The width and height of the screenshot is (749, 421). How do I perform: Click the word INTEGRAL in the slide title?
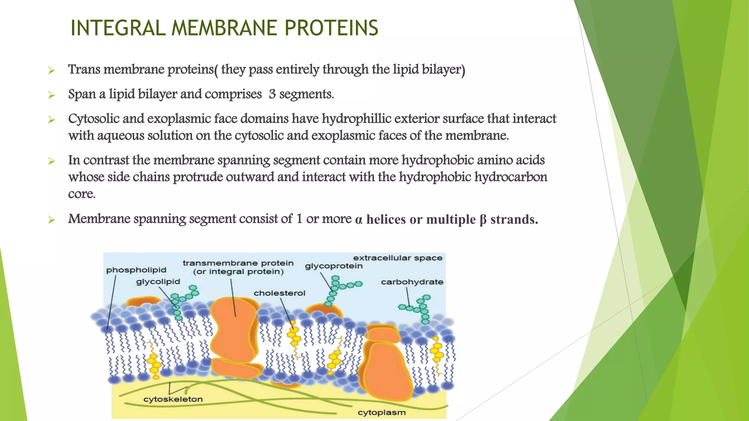118,28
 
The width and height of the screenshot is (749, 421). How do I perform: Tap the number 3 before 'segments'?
272,94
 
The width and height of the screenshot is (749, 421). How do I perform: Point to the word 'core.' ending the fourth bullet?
82,194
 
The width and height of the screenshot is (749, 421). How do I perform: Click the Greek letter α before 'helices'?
359,220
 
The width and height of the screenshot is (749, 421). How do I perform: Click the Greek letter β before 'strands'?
483,220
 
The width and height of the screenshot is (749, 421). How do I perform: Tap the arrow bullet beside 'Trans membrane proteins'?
52,70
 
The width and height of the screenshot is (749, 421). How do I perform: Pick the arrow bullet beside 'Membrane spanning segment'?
52,220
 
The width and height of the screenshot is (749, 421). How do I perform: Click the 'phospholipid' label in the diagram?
136,270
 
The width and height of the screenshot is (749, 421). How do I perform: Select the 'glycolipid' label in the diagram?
158,282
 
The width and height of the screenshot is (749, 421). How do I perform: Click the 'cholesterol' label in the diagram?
279,293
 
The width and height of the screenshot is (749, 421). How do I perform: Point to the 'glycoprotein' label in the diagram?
334,266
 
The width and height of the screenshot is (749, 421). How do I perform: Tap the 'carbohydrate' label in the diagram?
412,282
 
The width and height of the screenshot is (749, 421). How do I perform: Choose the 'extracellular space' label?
398,258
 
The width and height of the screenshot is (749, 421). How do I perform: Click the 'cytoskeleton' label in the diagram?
173,399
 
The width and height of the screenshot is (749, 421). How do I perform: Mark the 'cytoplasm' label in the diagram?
381,413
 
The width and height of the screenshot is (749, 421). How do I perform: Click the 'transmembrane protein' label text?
238,263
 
